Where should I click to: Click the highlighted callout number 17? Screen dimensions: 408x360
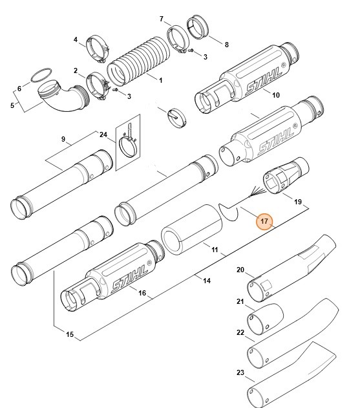[264, 221]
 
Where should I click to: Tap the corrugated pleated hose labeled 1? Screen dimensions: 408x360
[136, 66]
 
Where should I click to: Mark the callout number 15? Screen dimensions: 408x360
[69, 334]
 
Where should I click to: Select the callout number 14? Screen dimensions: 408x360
[207, 280]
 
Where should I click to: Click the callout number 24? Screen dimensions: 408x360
[103, 134]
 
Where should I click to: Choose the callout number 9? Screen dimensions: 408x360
[63, 140]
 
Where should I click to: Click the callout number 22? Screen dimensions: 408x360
[240, 332]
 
